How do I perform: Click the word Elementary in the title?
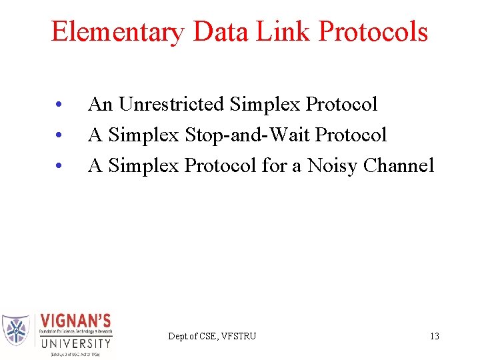114,32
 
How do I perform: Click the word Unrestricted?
171,105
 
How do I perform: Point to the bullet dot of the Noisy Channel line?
59,167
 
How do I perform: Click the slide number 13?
435,336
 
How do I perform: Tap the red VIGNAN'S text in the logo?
76,320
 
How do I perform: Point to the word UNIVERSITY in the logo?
76,344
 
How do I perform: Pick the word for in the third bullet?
273,165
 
